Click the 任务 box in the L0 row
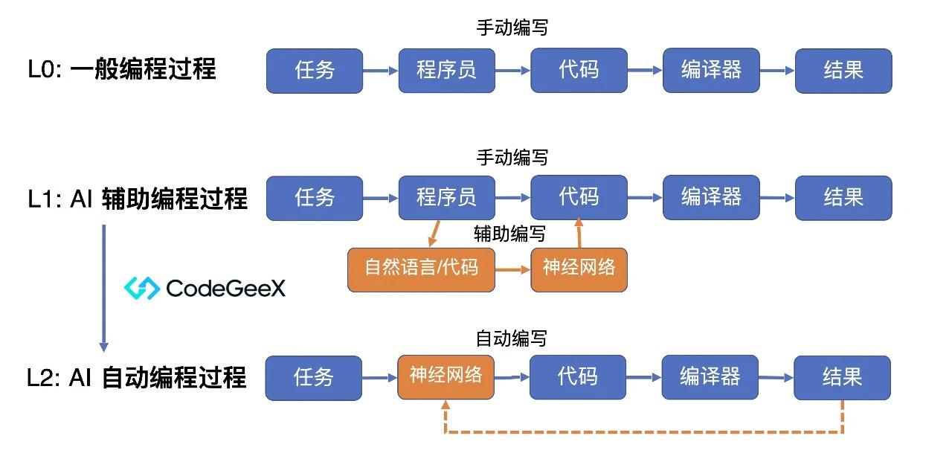tap(315, 71)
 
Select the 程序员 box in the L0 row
tap(446, 71)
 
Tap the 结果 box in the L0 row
tap(843, 71)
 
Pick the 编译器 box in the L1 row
tap(711, 198)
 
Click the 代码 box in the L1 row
tap(579, 198)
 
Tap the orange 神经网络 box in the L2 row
tap(446, 377)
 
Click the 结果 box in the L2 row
tap(842, 377)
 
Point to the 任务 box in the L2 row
tap(314, 377)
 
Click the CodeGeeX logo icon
tap(142, 289)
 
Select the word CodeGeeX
tap(226, 289)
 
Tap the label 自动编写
tap(511, 339)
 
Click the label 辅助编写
tap(509, 235)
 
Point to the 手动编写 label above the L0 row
tap(512, 28)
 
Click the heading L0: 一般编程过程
tap(122, 70)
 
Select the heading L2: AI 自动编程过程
tap(136, 377)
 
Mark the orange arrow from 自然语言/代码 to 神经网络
tap(512, 269)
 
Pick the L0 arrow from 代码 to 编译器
tap(645, 71)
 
